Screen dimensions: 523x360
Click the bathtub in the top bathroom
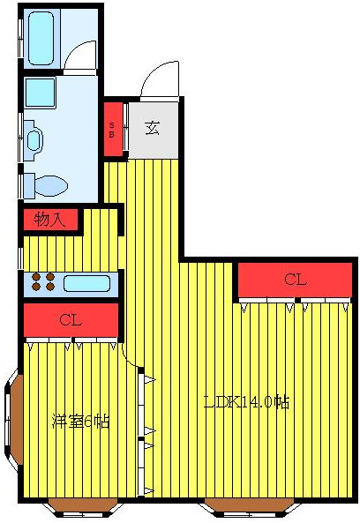pyautogui.click(x=41, y=38)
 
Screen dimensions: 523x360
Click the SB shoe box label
pyautogui.click(x=112, y=130)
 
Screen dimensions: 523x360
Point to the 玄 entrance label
pyautogui.click(x=152, y=128)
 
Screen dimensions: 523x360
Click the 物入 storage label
pyautogui.click(x=50, y=220)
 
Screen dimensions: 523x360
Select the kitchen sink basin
pyautogui.click(x=86, y=284)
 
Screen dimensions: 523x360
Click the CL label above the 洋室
pyautogui.click(x=71, y=319)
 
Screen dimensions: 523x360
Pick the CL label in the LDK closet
pyautogui.click(x=295, y=280)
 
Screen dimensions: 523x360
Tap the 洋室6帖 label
pyautogui.click(x=80, y=421)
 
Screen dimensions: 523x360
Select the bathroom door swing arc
pyautogui.click(x=81, y=56)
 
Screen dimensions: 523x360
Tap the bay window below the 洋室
pyautogui.click(x=81, y=505)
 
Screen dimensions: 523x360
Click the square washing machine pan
pyautogui.click(x=40, y=93)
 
